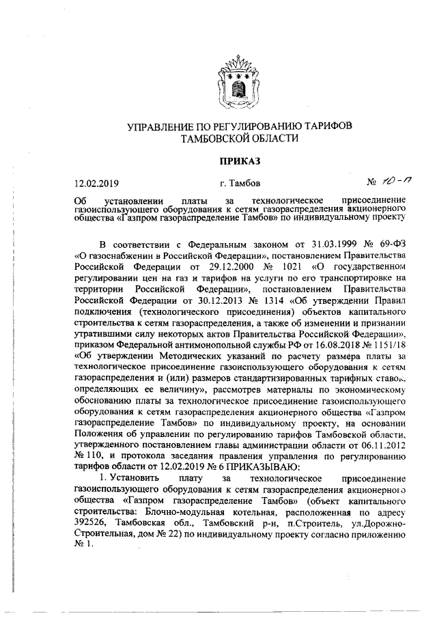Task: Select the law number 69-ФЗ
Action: tap(393, 243)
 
